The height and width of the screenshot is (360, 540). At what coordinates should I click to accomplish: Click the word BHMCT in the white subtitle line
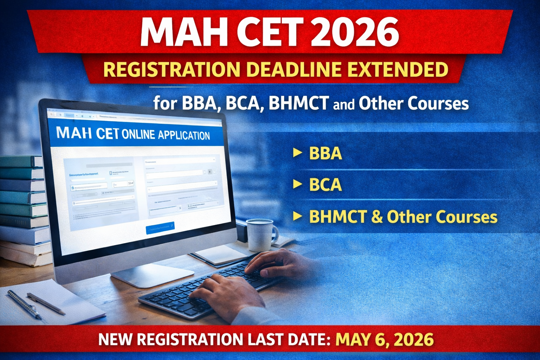pyautogui.click(x=298, y=103)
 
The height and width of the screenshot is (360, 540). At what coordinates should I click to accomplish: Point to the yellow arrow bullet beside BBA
pyautogui.click(x=297, y=153)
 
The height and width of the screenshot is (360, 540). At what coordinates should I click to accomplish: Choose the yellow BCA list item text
pyautogui.click(x=325, y=185)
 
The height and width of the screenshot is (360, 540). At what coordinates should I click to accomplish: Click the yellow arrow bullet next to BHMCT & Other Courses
pyautogui.click(x=297, y=216)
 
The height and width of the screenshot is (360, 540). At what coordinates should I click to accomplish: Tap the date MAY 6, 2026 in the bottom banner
pyautogui.click(x=385, y=340)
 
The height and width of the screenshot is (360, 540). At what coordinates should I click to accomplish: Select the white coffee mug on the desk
pyautogui.click(x=260, y=234)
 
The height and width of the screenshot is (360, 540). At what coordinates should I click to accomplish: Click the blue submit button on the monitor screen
pyautogui.click(x=160, y=227)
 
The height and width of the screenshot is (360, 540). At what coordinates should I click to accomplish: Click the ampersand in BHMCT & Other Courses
pyautogui.click(x=377, y=217)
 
